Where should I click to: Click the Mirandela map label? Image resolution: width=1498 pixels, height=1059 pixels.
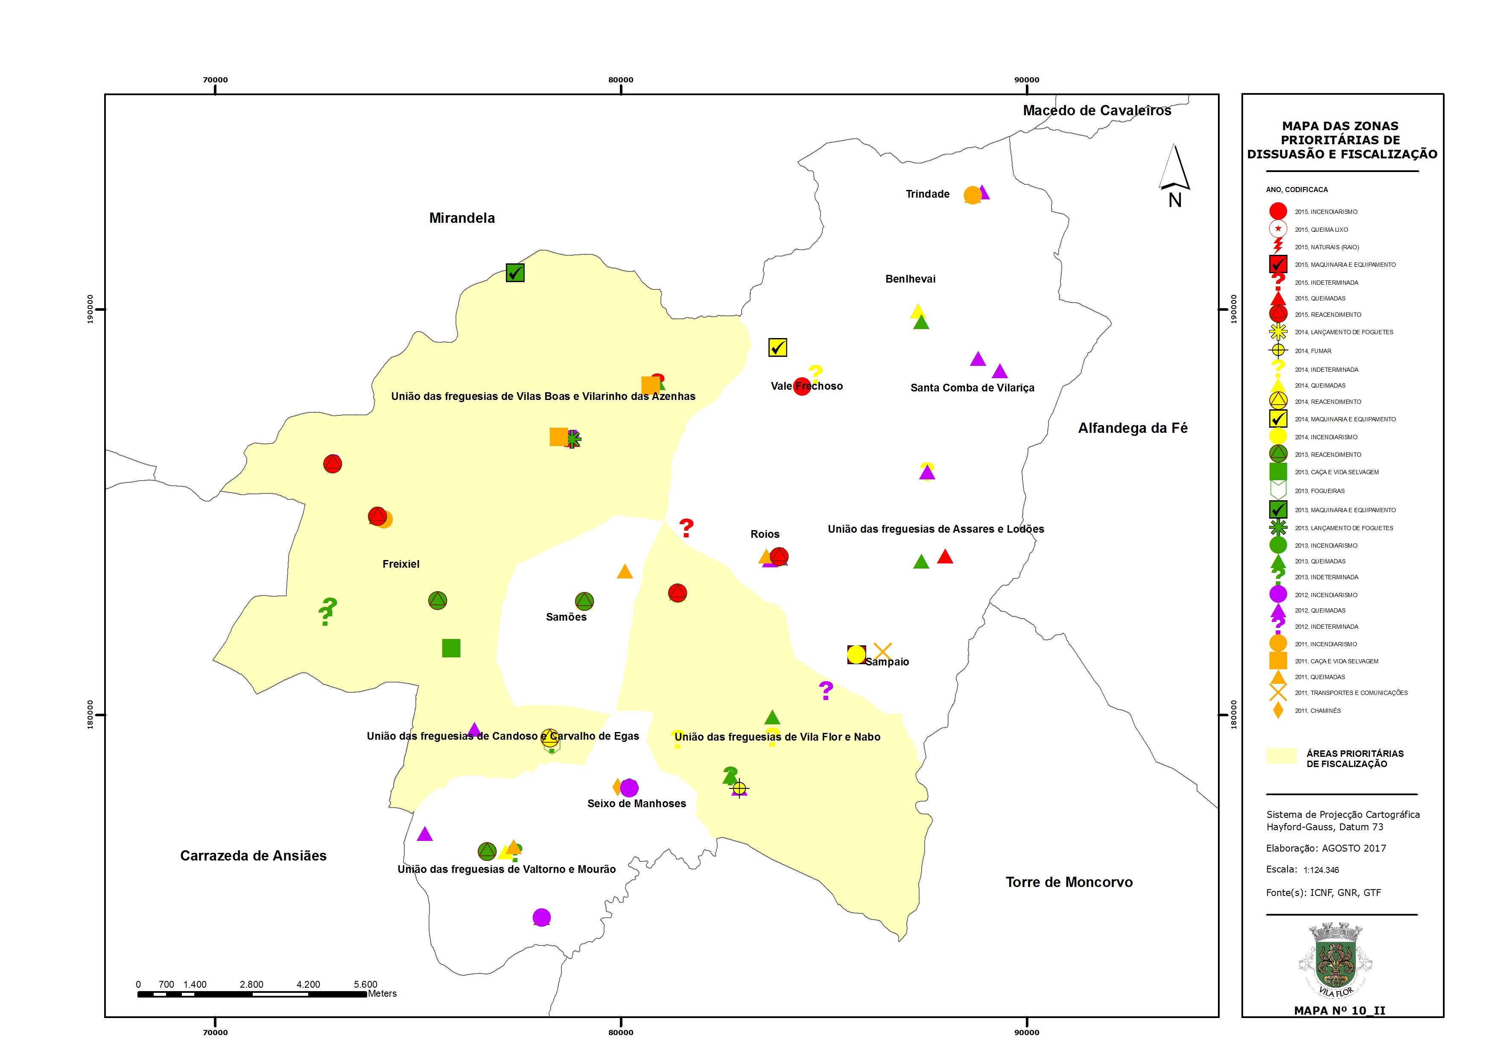pyautogui.click(x=462, y=218)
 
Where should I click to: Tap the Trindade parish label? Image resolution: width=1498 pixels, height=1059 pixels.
pyautogui.click(x=927, y=194)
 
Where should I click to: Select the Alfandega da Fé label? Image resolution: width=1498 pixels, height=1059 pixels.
pyautogui.click(x=1133, y=428)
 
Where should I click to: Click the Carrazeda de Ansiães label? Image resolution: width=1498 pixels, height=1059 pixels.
pyautogui.click(x=253, y=855)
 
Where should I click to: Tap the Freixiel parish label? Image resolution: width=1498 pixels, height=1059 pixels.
pyautogui.click(x=400, y=564)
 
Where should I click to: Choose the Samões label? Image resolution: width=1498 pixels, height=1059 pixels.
pyautogui.click(x=566, y=617)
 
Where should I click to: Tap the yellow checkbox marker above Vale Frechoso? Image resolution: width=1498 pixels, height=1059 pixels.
pyautogui.click(x=777, y=347)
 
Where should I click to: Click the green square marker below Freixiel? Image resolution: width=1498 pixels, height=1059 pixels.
pyautogui.click(x=451, y=648)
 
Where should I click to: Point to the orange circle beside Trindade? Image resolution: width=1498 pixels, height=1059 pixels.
pyautogui.click(x=972, y=195)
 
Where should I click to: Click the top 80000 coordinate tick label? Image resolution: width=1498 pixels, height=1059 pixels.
pyautogui.click(x=620, y=79)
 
